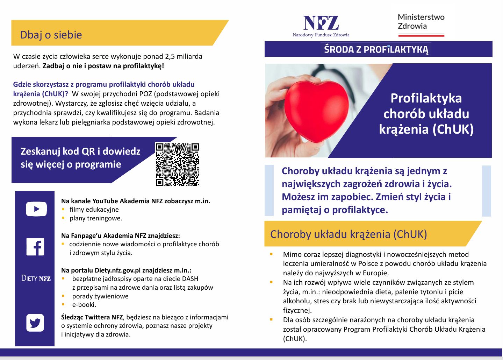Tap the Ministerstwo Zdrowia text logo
click(421, 22)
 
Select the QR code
click(177, 164)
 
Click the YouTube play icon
click(36, 209)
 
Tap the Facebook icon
click(35, 247)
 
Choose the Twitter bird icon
click(35, 323)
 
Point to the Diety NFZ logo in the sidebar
click(36, 278)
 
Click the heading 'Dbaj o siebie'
click(51, 35)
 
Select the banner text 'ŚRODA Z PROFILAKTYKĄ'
click(376, 49)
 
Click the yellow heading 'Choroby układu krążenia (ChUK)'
click(348, 234)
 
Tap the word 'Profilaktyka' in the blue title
click(426, 98)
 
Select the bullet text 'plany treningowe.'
click(96, 218)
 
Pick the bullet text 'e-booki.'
click(84, 305)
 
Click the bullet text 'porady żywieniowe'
click(100, 296)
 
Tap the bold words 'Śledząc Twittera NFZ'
click(92, 317)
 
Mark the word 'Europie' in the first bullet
click(375, 273)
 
